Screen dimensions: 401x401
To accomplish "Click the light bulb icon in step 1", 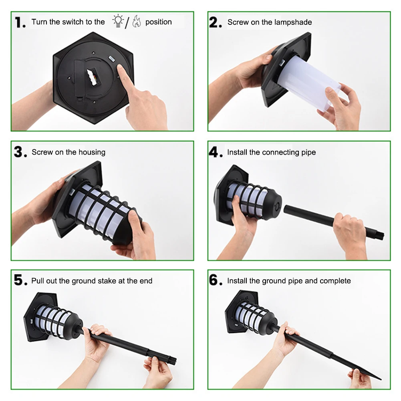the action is (118, 21).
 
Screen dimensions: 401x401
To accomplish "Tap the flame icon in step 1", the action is (137, 21).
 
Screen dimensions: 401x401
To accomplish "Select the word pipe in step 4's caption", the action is (308, 153).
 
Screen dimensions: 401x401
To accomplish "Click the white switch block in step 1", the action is (92, 77).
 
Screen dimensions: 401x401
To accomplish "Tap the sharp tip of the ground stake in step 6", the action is (381, 379).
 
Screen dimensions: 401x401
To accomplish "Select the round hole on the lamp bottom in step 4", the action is (276, 206).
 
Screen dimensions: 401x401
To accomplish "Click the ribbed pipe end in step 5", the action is (170, 361).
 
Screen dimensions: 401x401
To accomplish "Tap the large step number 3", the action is (20, 152).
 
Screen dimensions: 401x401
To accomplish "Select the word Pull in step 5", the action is (38, 281).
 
